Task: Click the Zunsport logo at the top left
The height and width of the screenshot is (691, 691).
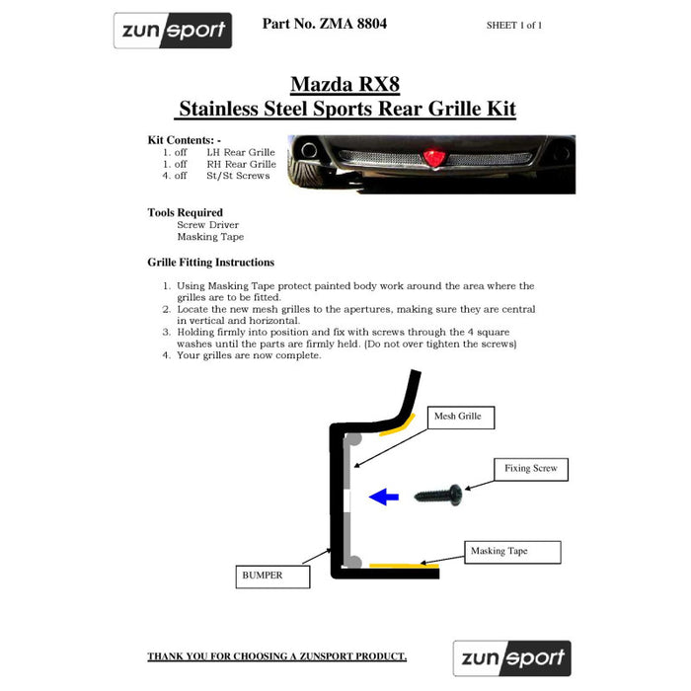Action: click(x=173, y=31)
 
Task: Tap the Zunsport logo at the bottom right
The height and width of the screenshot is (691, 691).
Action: click(x=511, y=657)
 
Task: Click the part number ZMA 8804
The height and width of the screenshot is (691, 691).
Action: click(x=325, y=23)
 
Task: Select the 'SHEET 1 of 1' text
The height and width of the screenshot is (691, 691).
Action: click(x=513, y=26)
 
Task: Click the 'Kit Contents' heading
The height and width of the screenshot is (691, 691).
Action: click(x=185, y=140)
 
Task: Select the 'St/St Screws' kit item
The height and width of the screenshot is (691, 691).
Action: click(x=238, y=176)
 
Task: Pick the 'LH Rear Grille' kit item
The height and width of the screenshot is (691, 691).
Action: click(x=241, y=152)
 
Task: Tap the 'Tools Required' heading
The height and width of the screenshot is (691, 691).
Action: click(x=186, y=212)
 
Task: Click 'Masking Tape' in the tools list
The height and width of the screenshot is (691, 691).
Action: click(x=210, y=237)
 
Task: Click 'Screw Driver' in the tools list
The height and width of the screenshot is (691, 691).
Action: click(x=208, y=225)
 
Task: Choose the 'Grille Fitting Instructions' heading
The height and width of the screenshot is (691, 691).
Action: click(x=211, y=263)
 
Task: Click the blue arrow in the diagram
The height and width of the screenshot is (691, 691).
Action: click(x=384, y=498)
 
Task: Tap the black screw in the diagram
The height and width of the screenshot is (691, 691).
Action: click(x=437, y=494)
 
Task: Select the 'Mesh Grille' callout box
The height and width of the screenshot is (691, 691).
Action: click(x=458, y=418)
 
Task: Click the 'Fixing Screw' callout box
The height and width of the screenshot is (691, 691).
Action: click(x=530, y=469)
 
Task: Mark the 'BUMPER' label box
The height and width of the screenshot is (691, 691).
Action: click(x=273, y=575)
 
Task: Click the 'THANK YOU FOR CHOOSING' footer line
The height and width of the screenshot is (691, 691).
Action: click(x=276, y=656)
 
